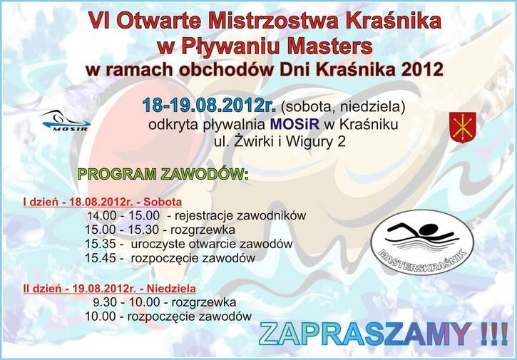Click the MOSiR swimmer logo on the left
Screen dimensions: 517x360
(66, 121)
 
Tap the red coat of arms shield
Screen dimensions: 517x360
(463, 128)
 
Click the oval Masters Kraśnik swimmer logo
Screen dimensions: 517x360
(422, 242)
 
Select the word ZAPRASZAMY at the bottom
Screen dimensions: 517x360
(365, 334)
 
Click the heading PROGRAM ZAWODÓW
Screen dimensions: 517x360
(163, 174)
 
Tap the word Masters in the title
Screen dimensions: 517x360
(329, 46)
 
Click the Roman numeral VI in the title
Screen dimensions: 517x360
(101, 21)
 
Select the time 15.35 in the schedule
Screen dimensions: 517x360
(101, 244)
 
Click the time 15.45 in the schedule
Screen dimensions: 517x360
(101, 258)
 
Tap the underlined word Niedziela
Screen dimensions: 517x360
(171, 289)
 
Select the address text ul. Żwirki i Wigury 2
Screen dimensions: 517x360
(280, 142)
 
